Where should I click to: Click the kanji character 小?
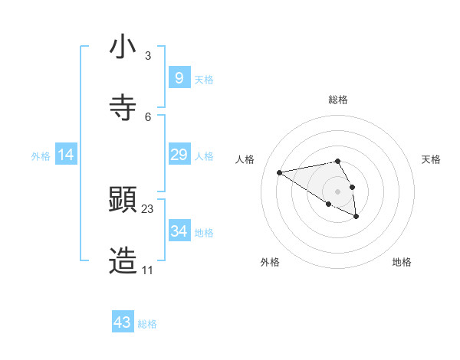[123, 47]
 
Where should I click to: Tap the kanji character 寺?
[123, 108]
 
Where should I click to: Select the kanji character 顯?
[123, 201]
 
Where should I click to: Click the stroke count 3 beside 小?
[148, 55]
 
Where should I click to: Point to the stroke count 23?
[148, 208]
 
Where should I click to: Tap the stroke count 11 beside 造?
[147, 270]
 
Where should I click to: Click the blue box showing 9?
[179, 77]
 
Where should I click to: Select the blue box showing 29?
[179, 155]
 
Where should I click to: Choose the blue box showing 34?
[179, 231]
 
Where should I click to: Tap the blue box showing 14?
[66, 155]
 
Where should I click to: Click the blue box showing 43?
[123, 322]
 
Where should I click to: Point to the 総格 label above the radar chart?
[338, 100]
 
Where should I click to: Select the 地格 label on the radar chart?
[402, 262]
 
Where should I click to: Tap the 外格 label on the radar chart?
[270, 262]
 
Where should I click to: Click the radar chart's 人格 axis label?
[245, 159]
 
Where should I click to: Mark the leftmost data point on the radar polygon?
[280, 172]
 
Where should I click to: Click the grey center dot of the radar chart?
[338, 191]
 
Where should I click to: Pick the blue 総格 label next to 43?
[148, 324]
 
